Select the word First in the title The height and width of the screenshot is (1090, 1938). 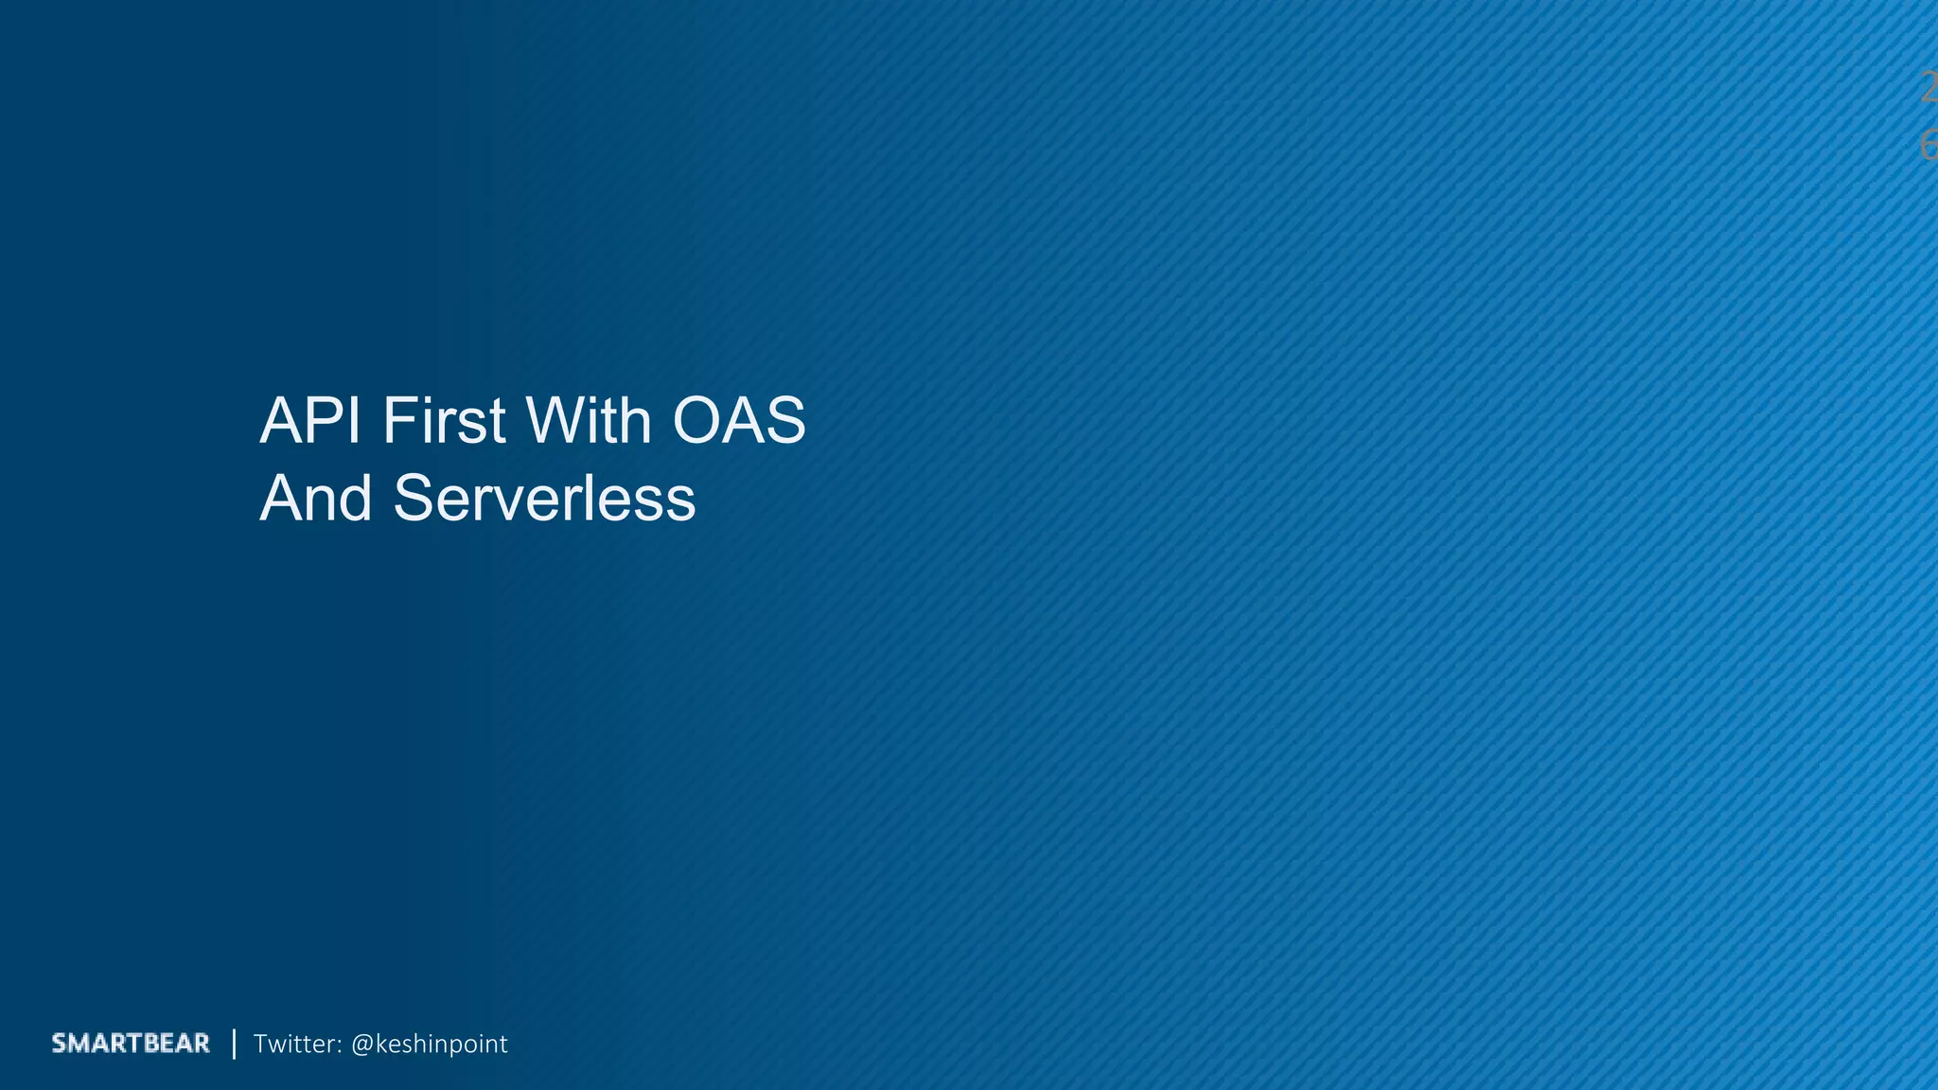(x=444, y=422)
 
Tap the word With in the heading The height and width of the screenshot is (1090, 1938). (x=587, y=422)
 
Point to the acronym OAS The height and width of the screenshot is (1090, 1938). (x=738, y=422)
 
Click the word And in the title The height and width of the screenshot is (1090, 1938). (x=316, y=499)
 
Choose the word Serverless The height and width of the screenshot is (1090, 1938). (x=544, y=499)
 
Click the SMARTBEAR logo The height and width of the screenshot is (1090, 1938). (x=131, y=1044)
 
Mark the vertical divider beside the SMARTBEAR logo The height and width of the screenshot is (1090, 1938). (x=234, y=1044)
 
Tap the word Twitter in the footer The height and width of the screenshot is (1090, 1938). (x=295, y=1044)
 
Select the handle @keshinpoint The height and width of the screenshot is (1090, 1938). (x=429, y=1045)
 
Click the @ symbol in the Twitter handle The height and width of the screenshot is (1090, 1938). (x=361, y=1045)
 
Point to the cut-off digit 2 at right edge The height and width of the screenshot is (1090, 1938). (x=1929, y=89)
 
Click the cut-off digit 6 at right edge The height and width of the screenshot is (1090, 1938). (x=1929, y=146)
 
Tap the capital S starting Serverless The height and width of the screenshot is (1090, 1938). (x=413, y=499)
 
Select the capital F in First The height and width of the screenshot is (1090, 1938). (x=397, y=422)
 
